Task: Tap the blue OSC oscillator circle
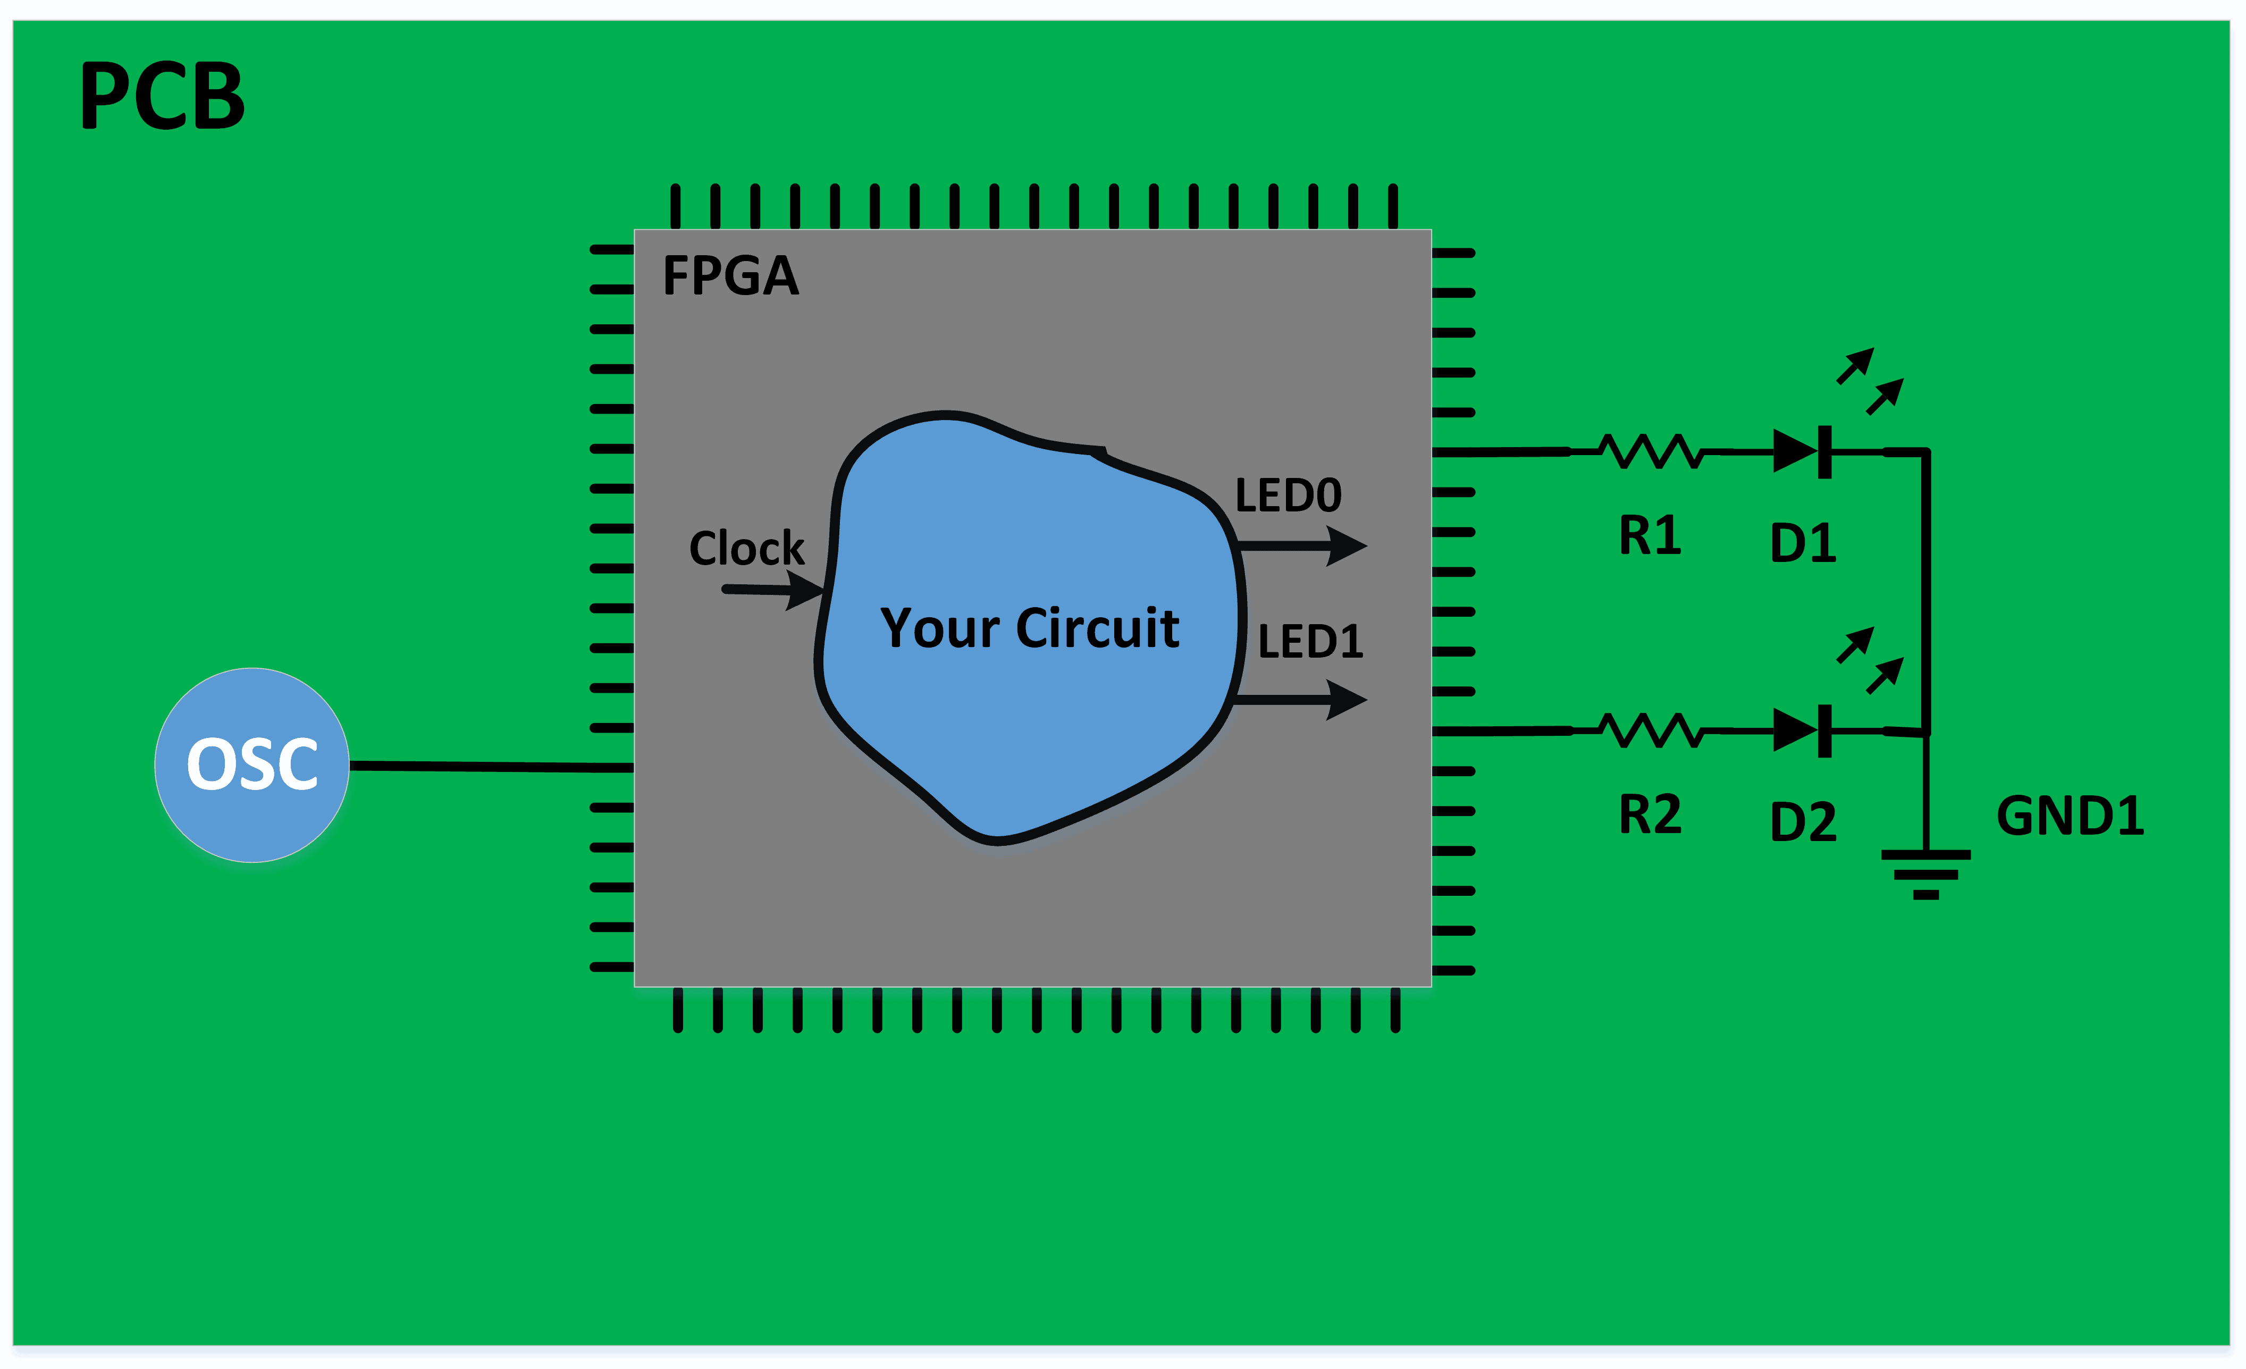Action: (x=251, y=765)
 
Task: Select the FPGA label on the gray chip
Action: (x=730, y=275)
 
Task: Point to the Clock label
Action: (x=746, y=548)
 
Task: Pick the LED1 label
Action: (x=1310, y=642)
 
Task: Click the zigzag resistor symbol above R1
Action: (x=1651, y=451)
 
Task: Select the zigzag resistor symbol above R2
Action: (x=1651, y=730)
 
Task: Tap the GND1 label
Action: (x=2069, y=816)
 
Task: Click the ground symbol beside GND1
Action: (x=1925, y=873)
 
